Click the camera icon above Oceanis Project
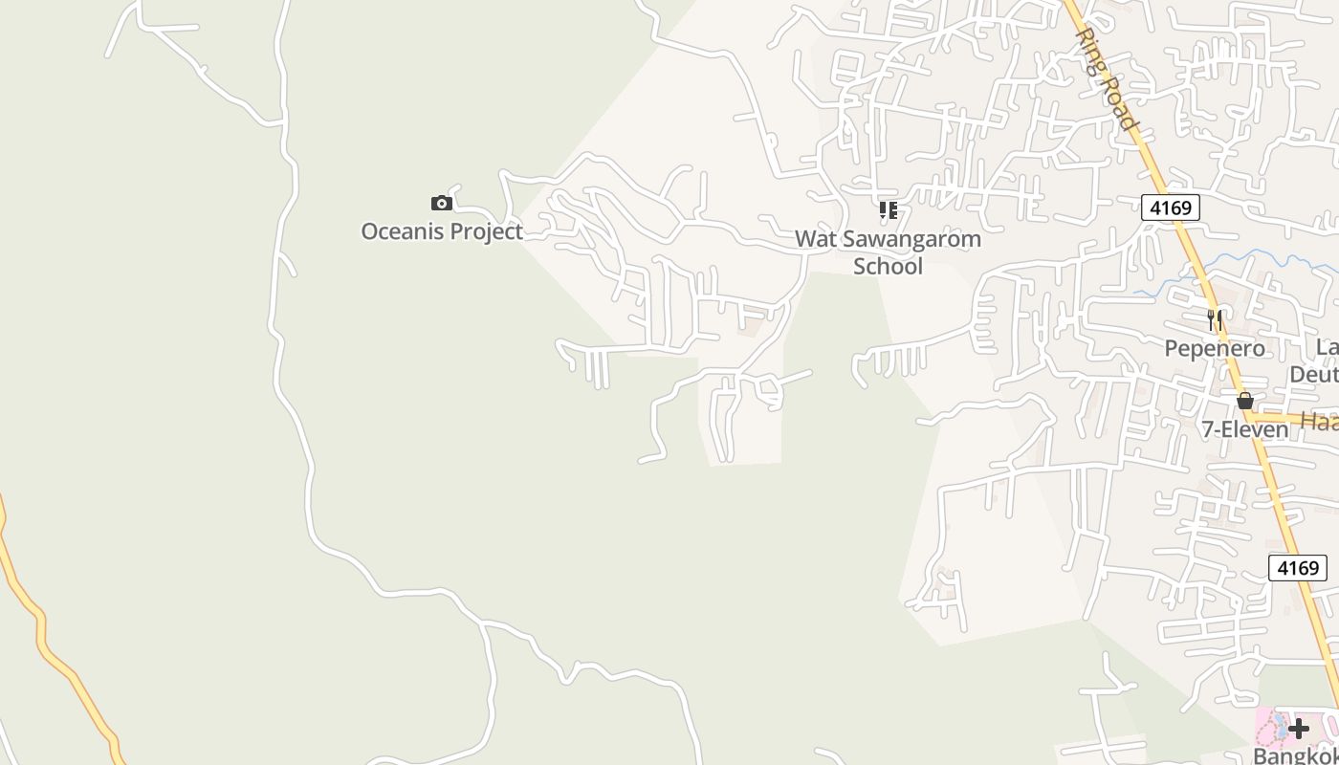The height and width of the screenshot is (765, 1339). click(x=441, y=203)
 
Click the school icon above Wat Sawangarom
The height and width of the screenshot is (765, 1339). click(x=889, y=209)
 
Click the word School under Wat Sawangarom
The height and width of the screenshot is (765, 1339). click(x=888, y=266)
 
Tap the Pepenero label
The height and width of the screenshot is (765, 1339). click(x=1214, y=348)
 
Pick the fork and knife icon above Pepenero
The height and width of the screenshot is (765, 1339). click(x=1215, y=319)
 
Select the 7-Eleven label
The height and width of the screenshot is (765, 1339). click(x=1244, y=429)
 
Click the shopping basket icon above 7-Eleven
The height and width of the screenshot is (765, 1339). click(x=1244, y=401)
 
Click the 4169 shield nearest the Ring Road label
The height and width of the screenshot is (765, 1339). click(x=1170, y=208)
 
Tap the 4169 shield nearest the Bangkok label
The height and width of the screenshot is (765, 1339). click(x=1298, y=568)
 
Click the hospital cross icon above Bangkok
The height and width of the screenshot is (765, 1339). click(x=1298, y=729)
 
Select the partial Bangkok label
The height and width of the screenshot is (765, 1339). click(x=1296, y=755)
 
